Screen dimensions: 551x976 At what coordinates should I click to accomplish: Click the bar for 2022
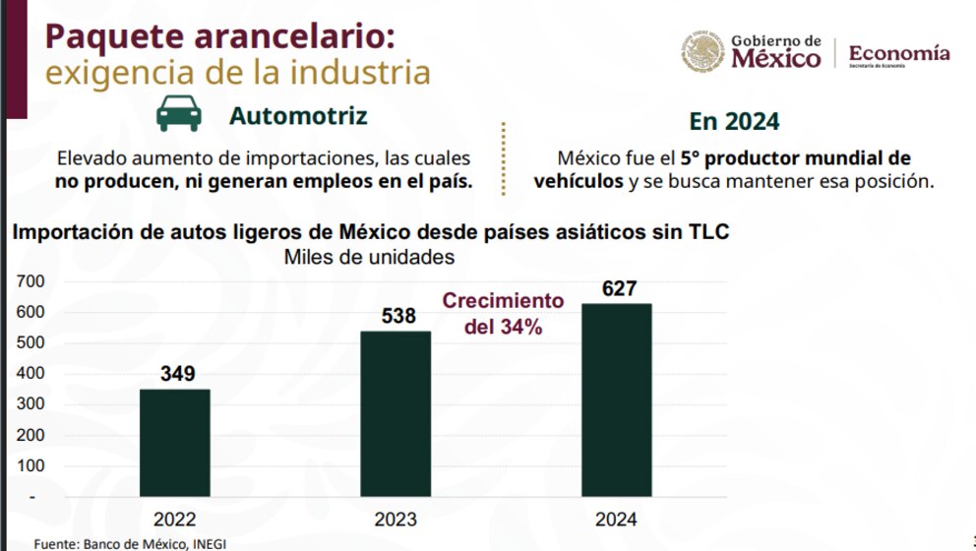174,443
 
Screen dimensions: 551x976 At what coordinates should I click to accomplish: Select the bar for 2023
396,413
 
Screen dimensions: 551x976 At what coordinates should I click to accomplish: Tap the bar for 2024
616,399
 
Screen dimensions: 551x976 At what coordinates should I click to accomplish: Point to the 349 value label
178,374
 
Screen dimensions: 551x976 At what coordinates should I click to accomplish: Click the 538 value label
398,317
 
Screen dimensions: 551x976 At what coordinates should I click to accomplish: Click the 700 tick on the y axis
32,281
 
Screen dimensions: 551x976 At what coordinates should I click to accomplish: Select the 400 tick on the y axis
32,374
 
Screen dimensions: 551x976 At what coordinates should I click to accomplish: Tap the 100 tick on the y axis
32,465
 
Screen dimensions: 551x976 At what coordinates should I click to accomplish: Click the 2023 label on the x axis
396,520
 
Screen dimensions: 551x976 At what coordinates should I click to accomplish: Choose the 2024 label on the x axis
616,520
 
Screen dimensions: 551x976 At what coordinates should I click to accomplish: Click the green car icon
178,115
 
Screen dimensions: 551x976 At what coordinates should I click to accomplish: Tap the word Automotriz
298,116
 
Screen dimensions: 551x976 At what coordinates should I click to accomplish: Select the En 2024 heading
734,121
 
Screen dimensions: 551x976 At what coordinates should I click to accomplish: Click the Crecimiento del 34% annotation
503,314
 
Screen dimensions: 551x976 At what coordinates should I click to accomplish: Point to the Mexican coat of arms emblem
703,51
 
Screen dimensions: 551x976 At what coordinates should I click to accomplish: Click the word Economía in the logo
899,52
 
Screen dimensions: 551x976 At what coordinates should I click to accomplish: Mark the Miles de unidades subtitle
369,257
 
